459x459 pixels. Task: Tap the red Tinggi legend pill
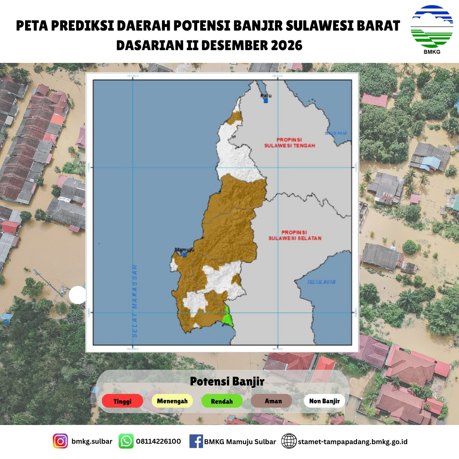122,401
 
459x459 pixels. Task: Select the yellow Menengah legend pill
172,401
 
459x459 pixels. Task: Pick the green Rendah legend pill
222,401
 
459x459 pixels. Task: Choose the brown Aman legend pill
272,401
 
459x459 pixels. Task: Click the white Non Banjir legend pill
324,401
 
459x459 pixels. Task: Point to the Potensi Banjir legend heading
227,381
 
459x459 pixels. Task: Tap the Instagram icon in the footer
60,441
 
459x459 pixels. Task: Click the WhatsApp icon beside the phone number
126,441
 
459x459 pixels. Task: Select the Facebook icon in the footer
196,441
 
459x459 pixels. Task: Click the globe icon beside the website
289,441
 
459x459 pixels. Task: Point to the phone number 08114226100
158,441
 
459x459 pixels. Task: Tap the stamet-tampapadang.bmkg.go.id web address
353,442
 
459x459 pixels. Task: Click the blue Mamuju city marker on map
184,254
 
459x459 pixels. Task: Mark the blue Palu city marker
266,101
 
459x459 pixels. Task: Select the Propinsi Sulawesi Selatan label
295,235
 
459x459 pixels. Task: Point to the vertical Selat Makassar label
135,300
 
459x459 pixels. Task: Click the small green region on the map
228,317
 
